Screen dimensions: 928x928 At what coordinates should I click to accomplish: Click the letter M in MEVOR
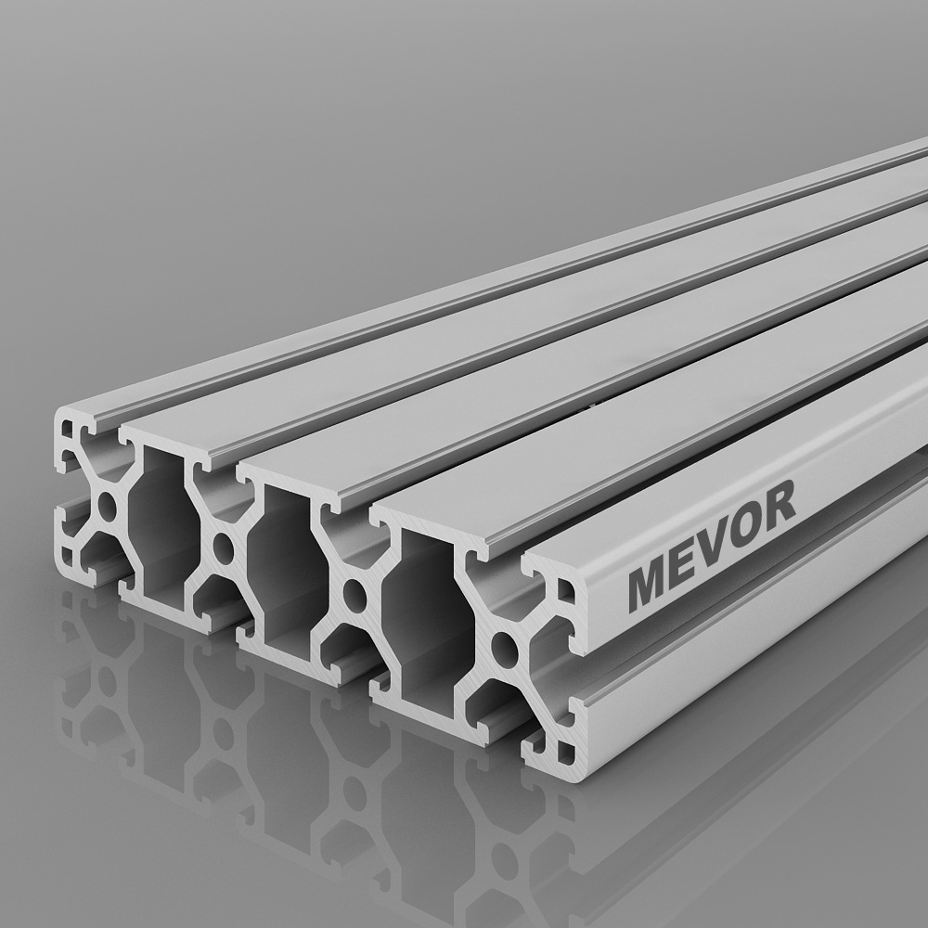[652, 584]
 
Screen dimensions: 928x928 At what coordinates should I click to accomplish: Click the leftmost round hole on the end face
[108, 505]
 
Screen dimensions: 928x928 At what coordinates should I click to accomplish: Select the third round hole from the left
[354, 592]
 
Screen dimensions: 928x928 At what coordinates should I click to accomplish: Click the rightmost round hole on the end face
[504, 647]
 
